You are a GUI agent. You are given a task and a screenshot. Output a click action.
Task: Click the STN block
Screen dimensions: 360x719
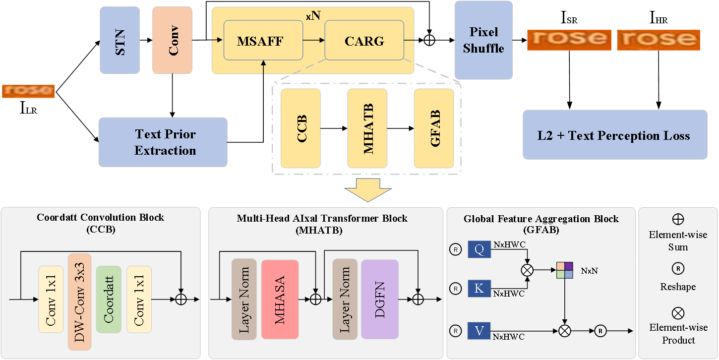point(120,40)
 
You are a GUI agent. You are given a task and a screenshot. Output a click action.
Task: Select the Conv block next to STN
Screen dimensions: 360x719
point(172,40)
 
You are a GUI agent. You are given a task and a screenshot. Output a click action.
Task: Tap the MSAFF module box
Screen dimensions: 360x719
point(263,41)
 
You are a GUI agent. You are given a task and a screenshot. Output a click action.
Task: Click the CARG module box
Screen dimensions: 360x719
point(364,41)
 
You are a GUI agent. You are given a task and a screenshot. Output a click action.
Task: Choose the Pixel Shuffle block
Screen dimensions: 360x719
point(483,40)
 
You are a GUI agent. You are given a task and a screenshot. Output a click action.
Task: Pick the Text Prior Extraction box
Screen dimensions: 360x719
point(163,142)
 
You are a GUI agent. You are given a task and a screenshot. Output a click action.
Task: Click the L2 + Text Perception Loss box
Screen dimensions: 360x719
point(615,135)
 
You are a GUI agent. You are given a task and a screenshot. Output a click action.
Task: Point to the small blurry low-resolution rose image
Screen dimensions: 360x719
point(28,91)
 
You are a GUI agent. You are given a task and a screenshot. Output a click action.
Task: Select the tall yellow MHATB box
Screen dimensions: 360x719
point(367,128)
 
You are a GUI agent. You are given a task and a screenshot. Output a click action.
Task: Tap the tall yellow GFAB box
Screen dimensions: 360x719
point(434,128)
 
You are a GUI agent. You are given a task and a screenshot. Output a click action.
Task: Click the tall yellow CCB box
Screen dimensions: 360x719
point(300,128)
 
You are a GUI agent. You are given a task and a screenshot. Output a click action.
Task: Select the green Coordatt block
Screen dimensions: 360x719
point(109,299)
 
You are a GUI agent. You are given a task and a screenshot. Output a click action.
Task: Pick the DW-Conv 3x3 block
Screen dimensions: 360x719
point(79,301)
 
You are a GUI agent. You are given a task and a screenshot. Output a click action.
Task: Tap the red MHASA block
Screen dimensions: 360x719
point(280,300)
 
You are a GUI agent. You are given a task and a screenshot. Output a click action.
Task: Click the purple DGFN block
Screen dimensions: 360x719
point(380,300)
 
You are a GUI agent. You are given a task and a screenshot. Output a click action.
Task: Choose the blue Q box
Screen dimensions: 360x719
point(479,249)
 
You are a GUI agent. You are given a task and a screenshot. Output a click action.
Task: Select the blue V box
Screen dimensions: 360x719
point(479,330)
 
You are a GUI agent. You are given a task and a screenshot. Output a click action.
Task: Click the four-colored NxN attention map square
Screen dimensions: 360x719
point(564,270)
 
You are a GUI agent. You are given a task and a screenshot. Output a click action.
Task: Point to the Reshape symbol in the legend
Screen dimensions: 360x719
point(678,268)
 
